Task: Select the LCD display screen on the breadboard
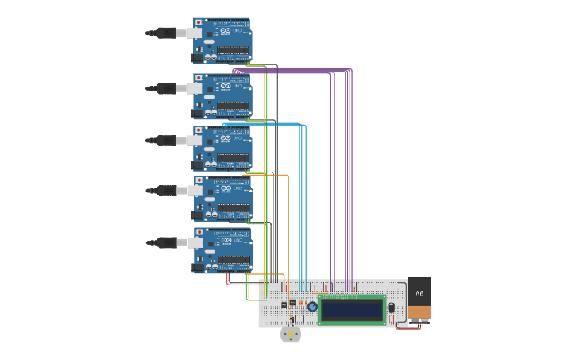point(351,309)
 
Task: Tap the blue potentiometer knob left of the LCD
point(312,307)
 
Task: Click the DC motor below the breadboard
point(291,335)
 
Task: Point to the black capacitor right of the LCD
point(391,308)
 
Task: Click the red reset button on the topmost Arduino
point(199,23)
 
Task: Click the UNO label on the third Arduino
point(237,138)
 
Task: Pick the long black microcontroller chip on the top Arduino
point(233,49)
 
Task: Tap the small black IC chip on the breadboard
point(292,303)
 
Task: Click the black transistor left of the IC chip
point(284,304)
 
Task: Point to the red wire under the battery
point(408,327)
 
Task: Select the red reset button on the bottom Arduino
point(199,233)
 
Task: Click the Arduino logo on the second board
point(226,86)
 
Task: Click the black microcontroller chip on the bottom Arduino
point(233,259)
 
